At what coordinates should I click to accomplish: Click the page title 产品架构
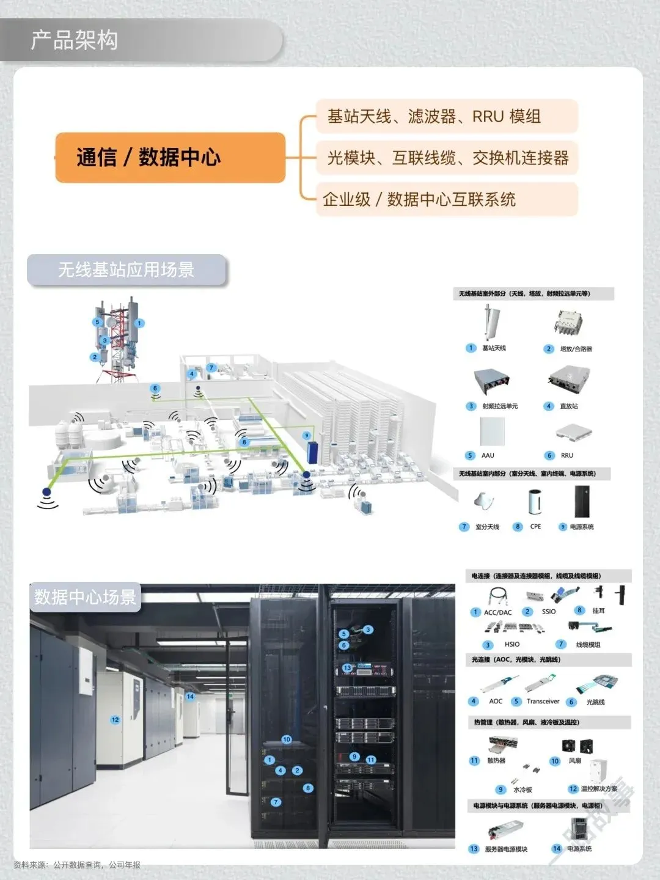[x=74, y=40]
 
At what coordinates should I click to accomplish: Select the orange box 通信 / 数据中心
[x=148, y=157]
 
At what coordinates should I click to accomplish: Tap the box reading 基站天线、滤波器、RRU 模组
[x=434, y=116]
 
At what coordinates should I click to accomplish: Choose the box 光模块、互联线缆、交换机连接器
[x=447, y=158]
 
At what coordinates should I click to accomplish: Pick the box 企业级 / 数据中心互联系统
[x=419, y=199]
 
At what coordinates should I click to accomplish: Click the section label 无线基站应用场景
[x=126, y=269]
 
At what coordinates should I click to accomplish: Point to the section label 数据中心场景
[x=85, y=597]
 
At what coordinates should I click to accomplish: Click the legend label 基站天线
[x=494, y=348]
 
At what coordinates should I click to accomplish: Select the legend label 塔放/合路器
[x=576, y=349]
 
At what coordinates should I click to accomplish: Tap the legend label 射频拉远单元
[x=500, y=406]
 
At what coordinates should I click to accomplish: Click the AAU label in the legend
[x=488, y=455]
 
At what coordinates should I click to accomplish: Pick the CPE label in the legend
[x=535, y=526]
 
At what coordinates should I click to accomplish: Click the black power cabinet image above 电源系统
[x=581, y=501]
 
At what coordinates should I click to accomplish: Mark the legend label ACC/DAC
[x=497, y=612]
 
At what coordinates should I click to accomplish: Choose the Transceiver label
[x=543, y=702]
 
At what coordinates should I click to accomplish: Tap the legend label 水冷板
[x=522, y=790]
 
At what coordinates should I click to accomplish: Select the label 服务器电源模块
[x=506, y=849]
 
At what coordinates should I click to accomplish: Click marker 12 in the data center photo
[x=115, y=720]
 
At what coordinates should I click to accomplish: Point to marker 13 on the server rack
[x=347, y=668]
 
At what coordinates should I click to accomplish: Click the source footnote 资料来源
[x=77, y=865]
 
